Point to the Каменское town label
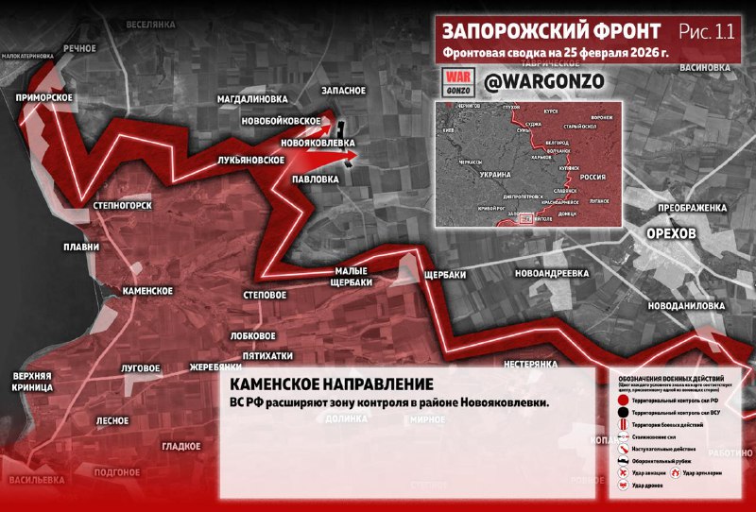click(x=146, y=291)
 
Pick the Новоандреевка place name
click(x=552, y=273)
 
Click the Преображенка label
click(x=693, y=207)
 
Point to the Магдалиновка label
click(x=251, y=98)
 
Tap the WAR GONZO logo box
click(x=458, y=82)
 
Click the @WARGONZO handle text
click(x=542, y=82)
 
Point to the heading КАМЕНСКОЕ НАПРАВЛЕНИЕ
click(x=332, y=384)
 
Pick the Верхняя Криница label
click(x=32, y=382)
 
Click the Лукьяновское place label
click(x=250, y=161)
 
